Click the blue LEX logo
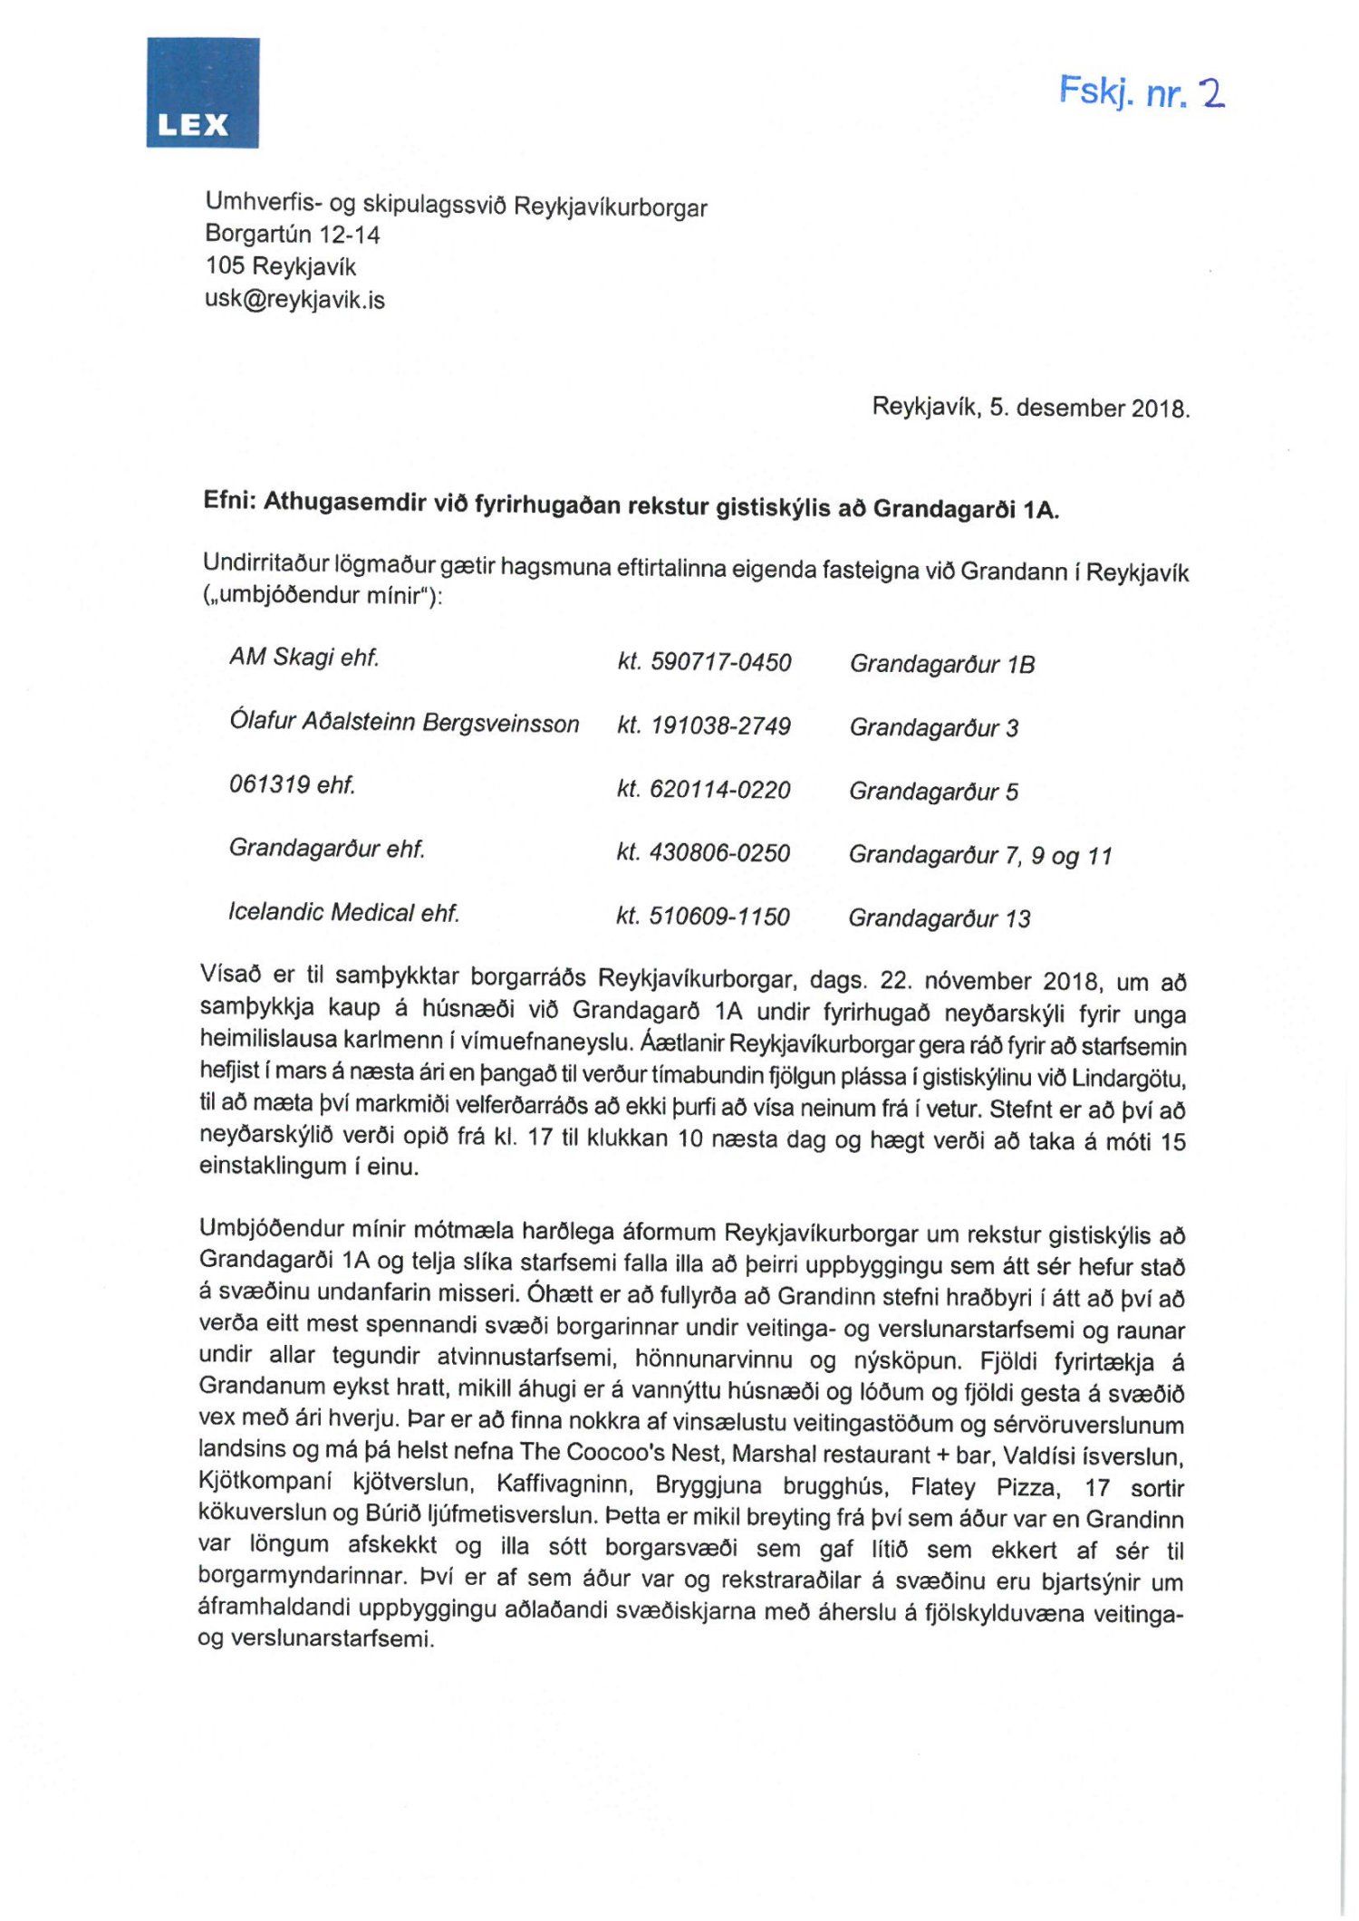(x=203, y=92)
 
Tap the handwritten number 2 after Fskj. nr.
(x=1210, y=93)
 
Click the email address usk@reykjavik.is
(x=294, y=300)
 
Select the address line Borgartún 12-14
(x=292, y=235)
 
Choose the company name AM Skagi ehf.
(x=304, y=658)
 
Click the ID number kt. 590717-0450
(x=704, y=662)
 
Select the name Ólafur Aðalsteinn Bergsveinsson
(x=404, y=722)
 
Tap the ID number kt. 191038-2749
(x=704, y=725)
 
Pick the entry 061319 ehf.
(x=292, y=784)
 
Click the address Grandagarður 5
(x=933, y=792)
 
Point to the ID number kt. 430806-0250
(x=703, y=852)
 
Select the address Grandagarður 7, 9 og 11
(x=980, y=855)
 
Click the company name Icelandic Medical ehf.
(x=343, y=912)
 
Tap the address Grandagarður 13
(x=940, y=918)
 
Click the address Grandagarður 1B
(x=942, y=664)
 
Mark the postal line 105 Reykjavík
(x=281, y=266)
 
